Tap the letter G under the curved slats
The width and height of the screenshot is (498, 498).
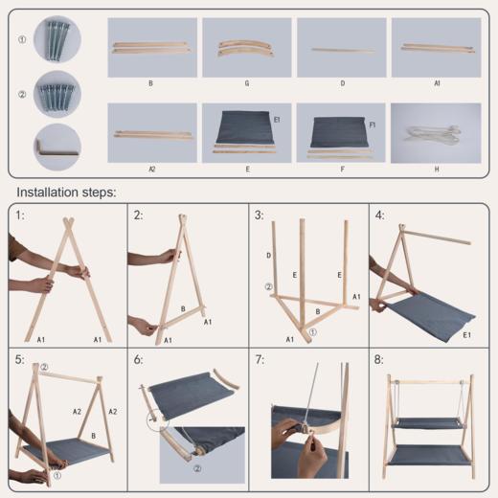[x=247, y=83]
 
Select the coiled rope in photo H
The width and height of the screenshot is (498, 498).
[x=434, y=134]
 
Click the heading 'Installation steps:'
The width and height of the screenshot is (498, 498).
[x=66, y=192]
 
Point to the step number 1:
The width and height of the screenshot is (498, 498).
[x=20, y=215]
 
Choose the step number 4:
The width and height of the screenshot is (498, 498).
[x=379, y=215]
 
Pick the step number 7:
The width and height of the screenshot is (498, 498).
[x=260, y=360]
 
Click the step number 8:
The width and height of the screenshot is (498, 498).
[x=379, y=360]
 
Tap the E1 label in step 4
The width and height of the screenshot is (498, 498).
[x=466, y=335]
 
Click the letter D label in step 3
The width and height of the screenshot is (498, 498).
[x=269, y=256]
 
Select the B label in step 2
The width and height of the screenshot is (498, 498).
[x=183, y=308]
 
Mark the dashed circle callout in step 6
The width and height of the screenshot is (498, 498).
[x=157, y=419]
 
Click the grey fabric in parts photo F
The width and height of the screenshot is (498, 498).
[x=339, y=132]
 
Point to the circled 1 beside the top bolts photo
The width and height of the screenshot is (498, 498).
[x=22, y=39]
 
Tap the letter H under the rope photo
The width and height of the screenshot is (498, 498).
[x=437, y=170]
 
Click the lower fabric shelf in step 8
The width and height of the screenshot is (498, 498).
[x=430, y=455]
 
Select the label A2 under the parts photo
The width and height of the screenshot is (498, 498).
[x=152, y=170]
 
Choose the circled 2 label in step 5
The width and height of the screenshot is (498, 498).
[x=44, y=367]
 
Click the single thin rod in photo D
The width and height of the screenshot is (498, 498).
[x=343, y=50]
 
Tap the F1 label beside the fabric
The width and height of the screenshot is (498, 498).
[x=372, y=125]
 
